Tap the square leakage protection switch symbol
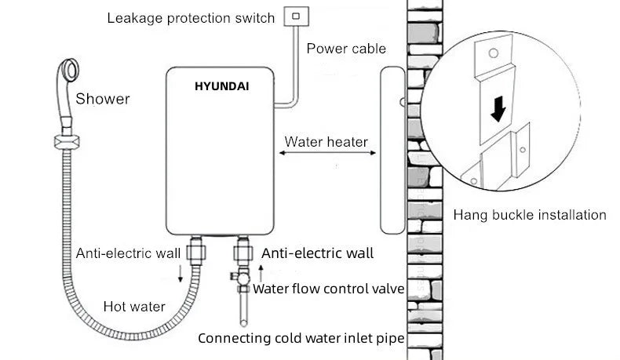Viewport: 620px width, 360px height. (x=296, y=15)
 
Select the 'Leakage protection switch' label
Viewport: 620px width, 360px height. (x=191, y=17)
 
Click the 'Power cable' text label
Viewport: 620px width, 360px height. (x=346, y=49)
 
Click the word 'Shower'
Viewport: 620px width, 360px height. (x=103, y=99)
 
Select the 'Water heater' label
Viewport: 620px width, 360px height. (x=326, y=142)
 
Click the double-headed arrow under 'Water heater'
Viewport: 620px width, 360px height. (x=326, y=157)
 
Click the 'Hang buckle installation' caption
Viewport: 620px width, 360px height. (x=530, y=214)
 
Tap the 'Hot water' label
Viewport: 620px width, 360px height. (x=134, y=306)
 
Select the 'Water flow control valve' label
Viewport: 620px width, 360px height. (x=328, y=289)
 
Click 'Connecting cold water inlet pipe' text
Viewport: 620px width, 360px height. (x=301, y=339)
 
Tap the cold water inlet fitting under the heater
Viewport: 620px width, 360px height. (x=242, y=253)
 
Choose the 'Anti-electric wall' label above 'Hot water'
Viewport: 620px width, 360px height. (x=129, y=253)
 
